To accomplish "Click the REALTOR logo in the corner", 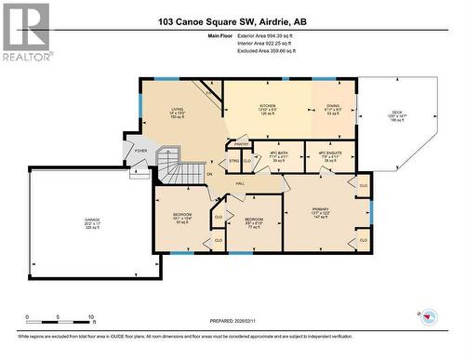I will coord(25,32).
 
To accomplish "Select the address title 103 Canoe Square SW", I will coord(232,20).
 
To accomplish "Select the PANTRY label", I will coord(241,144).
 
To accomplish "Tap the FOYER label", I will coord(140,150).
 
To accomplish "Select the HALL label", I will coord(240,183).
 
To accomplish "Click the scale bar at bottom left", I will coord(60,316).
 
